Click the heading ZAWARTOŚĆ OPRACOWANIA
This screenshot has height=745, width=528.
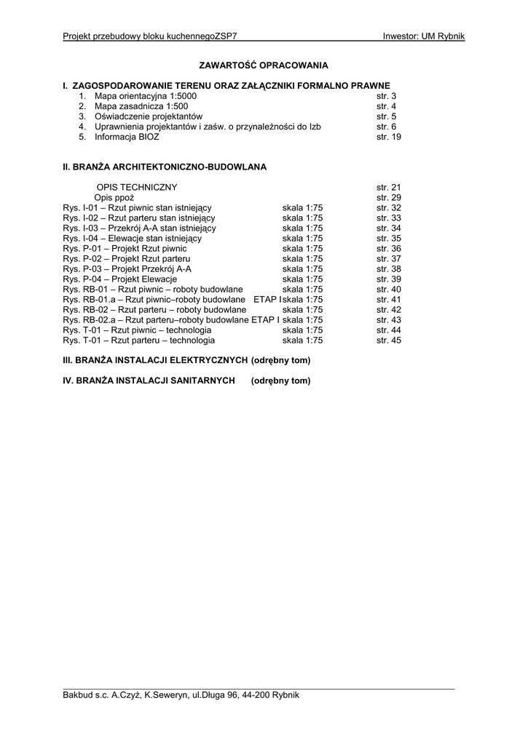click(x=264, y=65)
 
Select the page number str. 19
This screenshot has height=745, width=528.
click(x=388, y=137)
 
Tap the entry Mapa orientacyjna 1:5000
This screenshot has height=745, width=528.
click(x=146, y=96)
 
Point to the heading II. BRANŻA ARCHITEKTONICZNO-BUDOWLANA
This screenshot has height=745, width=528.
click(x=165, y=167)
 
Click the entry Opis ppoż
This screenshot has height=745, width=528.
click(x=114, y=198)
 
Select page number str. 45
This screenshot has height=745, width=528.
click(x=388, y=340)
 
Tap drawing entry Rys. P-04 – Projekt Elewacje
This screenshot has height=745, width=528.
click(x=120, y=279)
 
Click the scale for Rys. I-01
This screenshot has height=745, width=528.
click(x=302, y=208)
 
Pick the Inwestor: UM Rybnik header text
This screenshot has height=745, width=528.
click(x=423, y=36)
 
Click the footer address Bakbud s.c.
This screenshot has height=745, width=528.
click(x=181, y=695)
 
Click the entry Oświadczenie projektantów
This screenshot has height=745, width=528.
click(x=149, y=116)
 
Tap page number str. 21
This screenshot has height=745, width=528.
click(x=388, y=188)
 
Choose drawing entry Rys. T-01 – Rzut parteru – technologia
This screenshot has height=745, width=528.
click(x=139, y=340)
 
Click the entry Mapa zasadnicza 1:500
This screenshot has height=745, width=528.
click(x=141, y=106)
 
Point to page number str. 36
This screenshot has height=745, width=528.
click(x=388, y=249)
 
